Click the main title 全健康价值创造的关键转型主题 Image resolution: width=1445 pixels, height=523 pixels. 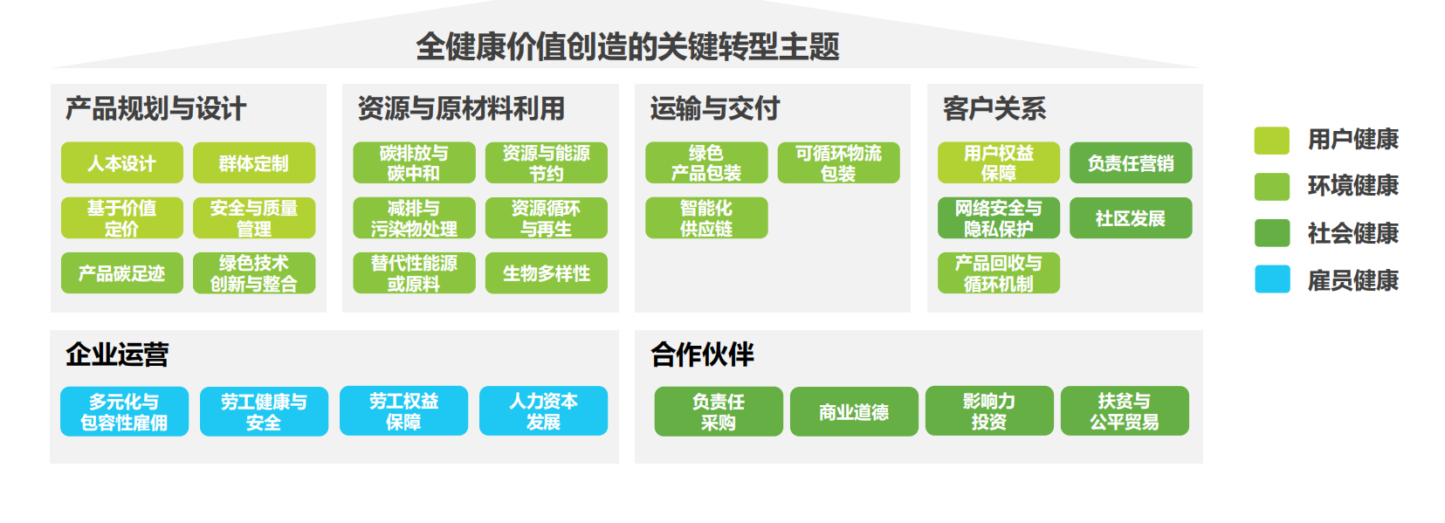pos(627,46)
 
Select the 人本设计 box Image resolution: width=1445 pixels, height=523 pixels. pos(122,162)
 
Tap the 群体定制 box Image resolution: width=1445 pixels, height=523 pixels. pos(254,162)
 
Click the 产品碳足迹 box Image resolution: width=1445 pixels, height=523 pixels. pos(122,272)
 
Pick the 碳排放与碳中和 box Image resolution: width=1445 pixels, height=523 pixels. pos(414,162)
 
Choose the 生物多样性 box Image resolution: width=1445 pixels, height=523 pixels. pos(547,272)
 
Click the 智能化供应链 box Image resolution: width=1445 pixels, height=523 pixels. pos(706,218)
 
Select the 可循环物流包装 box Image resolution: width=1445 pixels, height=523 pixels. pos(838,162)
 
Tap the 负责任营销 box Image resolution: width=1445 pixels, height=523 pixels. pos(1131,162)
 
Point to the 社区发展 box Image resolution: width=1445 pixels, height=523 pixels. pos(1131,218)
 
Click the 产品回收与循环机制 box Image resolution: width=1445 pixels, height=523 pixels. pos(999,272)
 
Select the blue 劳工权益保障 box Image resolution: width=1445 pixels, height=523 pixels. pos(404,410)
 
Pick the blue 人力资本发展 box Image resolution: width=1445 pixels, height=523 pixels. pos(543,410)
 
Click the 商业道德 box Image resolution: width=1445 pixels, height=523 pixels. pos(854,411)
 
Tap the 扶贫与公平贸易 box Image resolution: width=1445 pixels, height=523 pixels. pos(1125,410)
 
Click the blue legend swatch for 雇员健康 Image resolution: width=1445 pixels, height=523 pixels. pos(1272,279)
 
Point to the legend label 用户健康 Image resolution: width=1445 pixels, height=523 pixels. pos(1352,140)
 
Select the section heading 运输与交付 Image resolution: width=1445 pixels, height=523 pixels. pos(715,108)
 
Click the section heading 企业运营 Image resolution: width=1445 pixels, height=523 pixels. pos(117,354)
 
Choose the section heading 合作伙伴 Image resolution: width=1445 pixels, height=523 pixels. pos(702,354)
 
